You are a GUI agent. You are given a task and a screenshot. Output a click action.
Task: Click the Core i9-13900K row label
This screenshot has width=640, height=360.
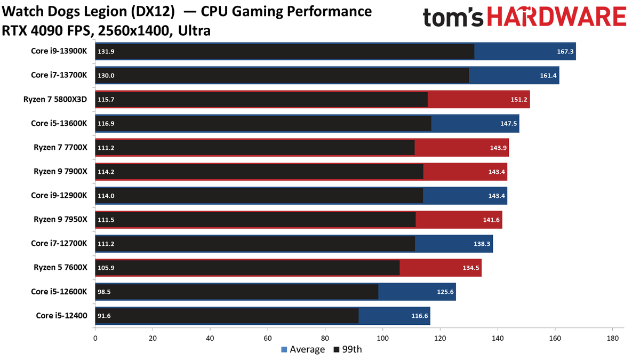click(59, 51)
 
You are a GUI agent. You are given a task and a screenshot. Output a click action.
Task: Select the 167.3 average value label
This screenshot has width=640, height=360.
click(565, 51)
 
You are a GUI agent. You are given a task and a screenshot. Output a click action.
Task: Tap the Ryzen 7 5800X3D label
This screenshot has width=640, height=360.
click(55, 99)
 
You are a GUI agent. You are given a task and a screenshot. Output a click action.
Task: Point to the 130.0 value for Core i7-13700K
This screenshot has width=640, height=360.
click(106, 75)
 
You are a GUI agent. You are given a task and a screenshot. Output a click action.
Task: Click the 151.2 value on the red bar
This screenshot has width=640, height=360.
click(519, 99)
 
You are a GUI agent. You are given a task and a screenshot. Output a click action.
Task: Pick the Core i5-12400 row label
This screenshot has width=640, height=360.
click(61, 315)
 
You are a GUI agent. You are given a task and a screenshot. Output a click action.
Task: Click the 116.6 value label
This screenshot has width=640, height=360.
click(419, 316)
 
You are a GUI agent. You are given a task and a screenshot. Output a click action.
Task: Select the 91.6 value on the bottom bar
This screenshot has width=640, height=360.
click(104, 316)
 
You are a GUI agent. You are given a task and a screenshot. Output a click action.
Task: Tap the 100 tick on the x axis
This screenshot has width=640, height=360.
click(382, 338)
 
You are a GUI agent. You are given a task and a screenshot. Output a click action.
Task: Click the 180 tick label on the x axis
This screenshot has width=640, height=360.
click(613, 338)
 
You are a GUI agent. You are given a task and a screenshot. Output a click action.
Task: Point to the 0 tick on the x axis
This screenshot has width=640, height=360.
click(95, 338)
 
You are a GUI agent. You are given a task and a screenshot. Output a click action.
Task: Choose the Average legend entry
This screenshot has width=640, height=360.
click(303, 349)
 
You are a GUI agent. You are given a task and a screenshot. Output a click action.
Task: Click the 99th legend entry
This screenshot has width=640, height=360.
click(348, 349)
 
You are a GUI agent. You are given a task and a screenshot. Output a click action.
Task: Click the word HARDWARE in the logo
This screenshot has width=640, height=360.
click(557, 17)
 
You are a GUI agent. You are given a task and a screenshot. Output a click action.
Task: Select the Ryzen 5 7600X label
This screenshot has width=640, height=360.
click(60, 267)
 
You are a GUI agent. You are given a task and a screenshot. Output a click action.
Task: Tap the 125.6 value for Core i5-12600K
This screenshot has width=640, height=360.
click(445, 292)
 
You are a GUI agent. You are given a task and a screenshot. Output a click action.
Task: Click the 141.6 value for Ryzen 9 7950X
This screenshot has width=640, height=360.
click(491, 220)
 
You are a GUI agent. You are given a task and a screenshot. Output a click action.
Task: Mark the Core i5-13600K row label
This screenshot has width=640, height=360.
click(59, 123)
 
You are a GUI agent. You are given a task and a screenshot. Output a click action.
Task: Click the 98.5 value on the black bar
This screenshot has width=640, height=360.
click(104, 292)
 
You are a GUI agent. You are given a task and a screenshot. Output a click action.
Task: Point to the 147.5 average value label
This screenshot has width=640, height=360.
click(509, 123)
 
